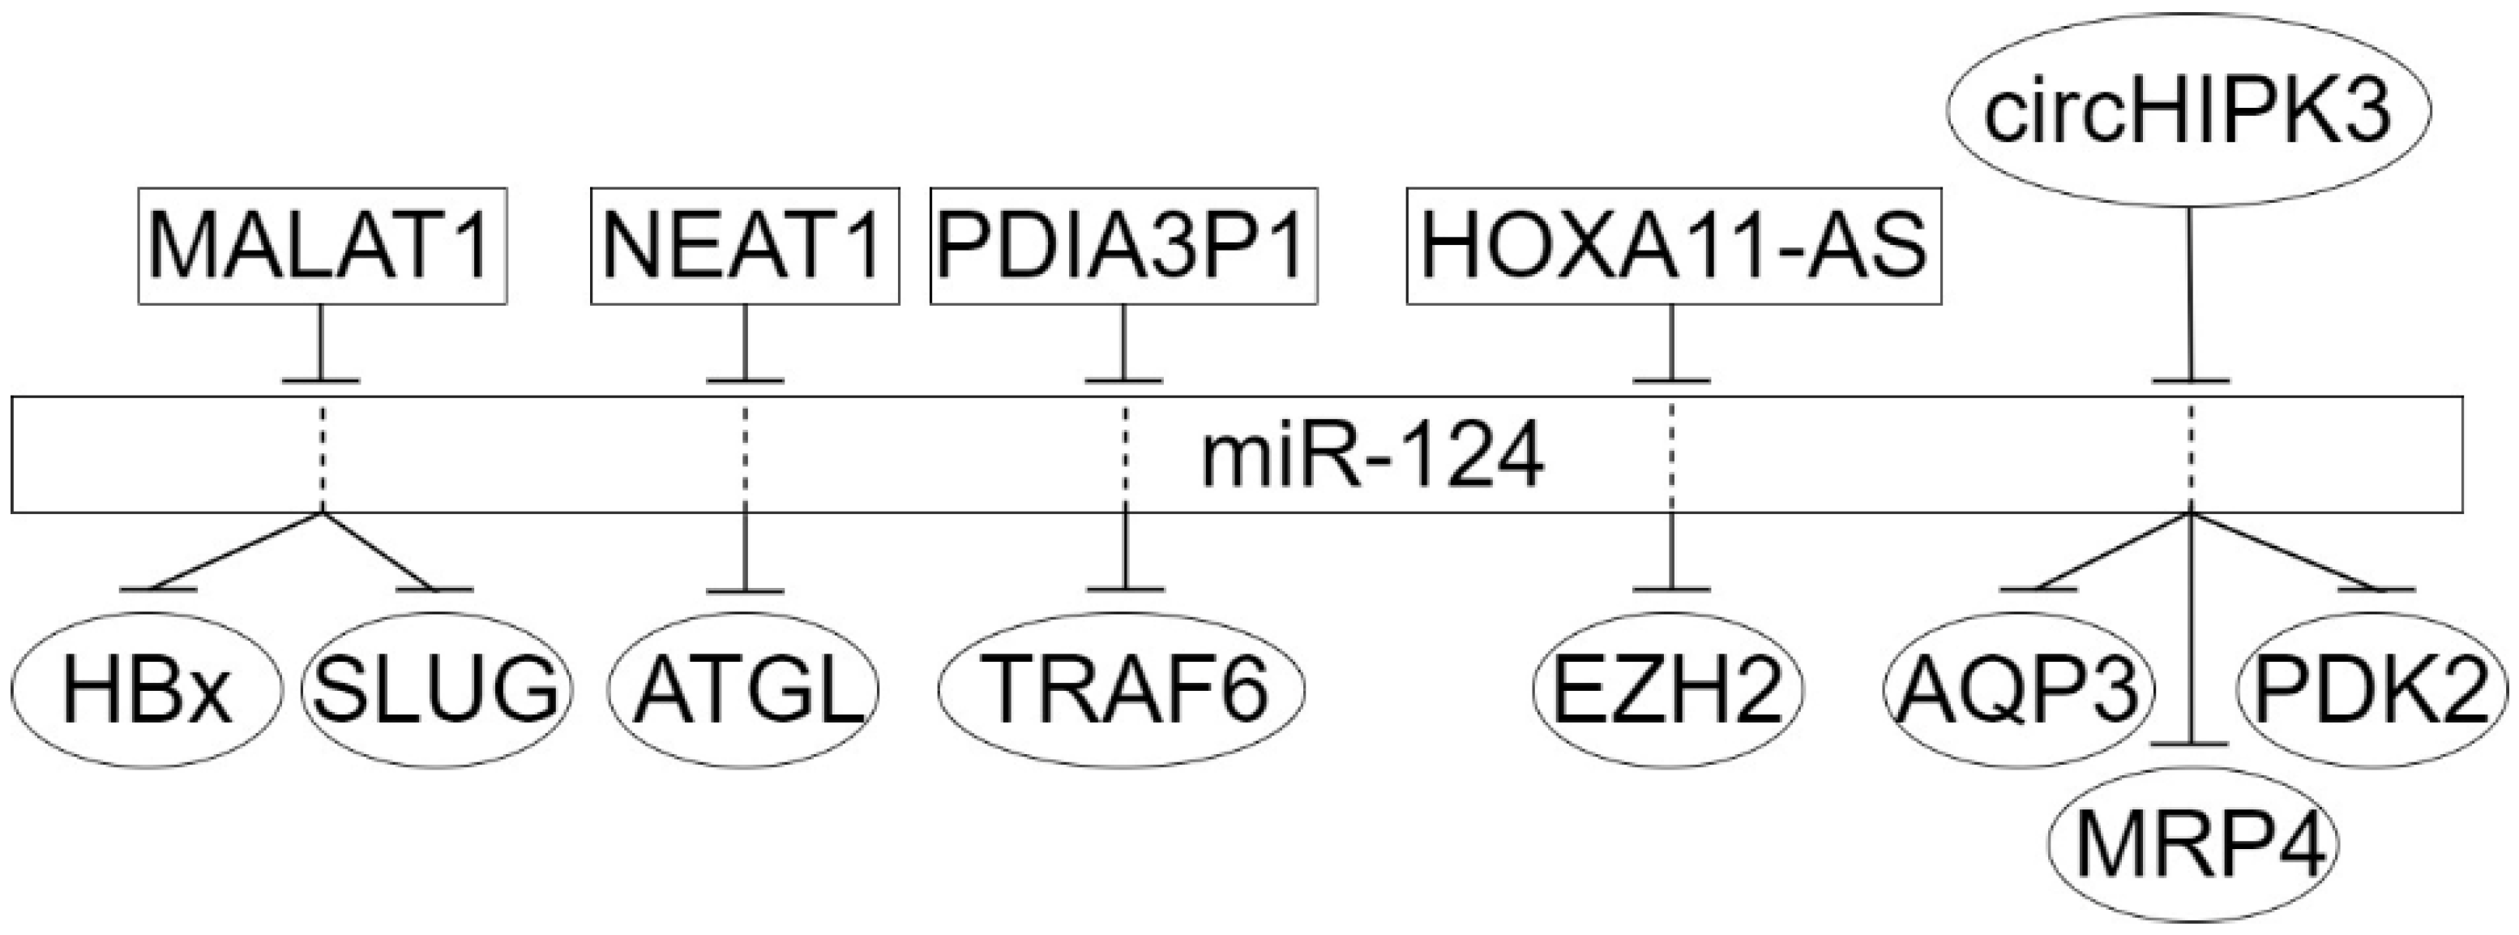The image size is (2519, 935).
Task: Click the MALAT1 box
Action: coord(322,246)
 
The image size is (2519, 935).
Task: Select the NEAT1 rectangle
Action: coord(744,246)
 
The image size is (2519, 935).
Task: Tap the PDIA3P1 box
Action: coord(1122,246)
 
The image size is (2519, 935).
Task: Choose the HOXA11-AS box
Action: coord(1673,246)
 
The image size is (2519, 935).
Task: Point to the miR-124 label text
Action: coord(1373,457)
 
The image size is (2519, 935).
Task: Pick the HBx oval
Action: coord(147,689)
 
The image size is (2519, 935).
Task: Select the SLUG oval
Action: coord(436,689)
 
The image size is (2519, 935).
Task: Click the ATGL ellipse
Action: coord(744,689)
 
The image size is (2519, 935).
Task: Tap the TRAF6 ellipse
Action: coord(1123,689)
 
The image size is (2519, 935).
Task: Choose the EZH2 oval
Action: coord(1668,689)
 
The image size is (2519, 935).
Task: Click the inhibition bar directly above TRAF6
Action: coord(1126,590)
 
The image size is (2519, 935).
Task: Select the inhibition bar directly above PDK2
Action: coord(2376,590)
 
